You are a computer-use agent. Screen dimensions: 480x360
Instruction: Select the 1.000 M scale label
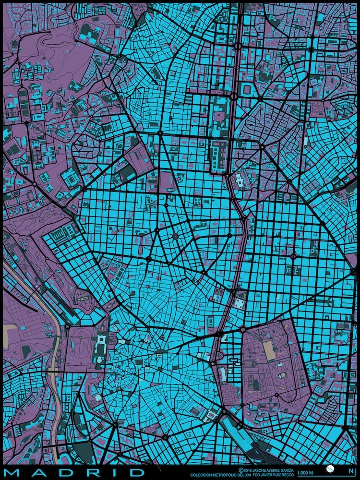tap(305, 473)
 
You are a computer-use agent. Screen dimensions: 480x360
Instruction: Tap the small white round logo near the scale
tap(330, 469)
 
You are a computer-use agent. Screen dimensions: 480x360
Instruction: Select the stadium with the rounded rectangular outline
tap(247, 90)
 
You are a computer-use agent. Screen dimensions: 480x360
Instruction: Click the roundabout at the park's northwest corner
tap(243, 329)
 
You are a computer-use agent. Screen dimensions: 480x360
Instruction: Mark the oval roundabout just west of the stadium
tap(234, 96)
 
